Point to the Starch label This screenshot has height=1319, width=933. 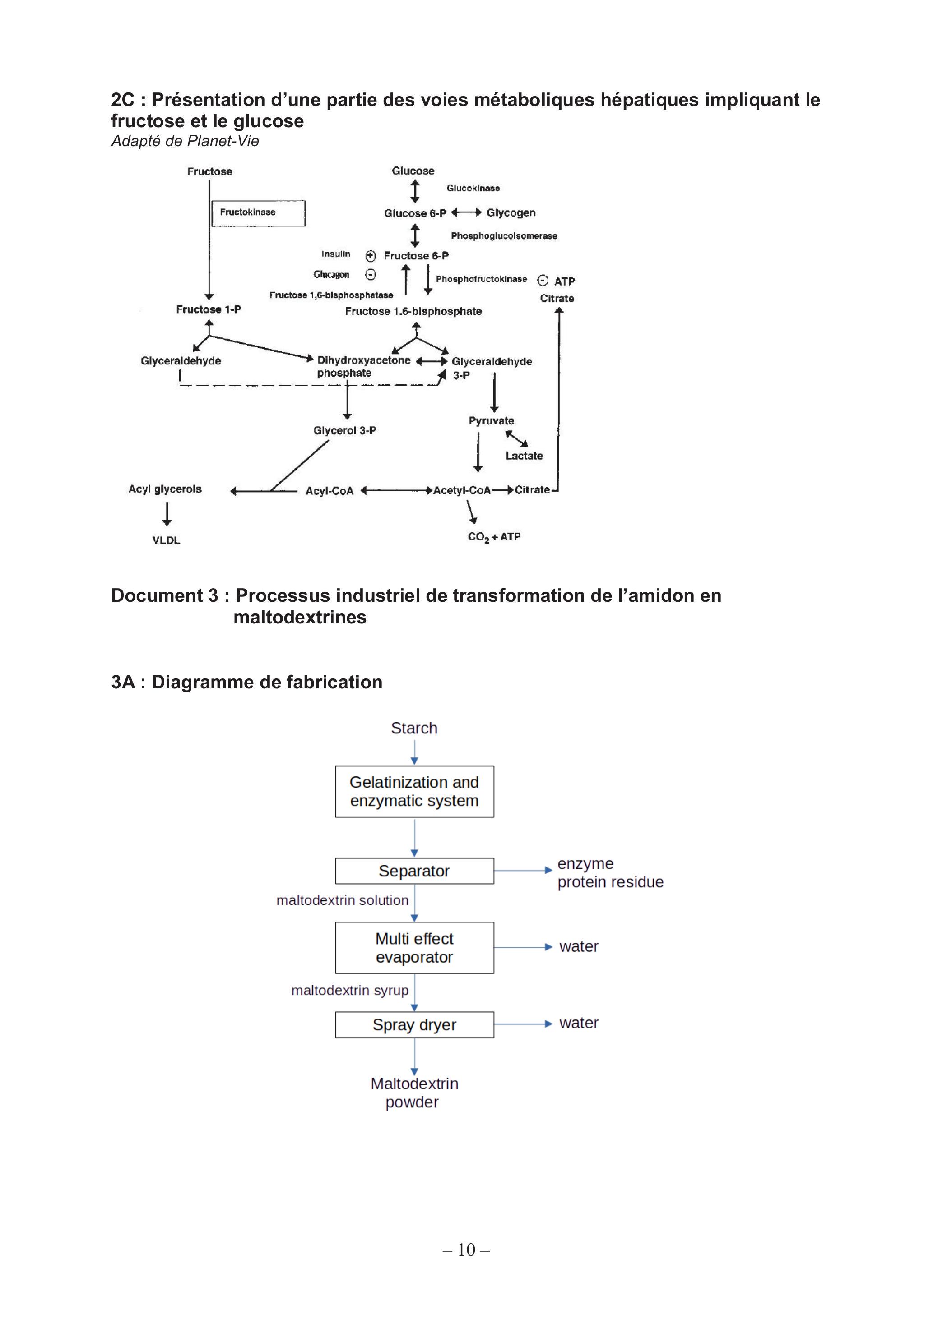(x=414, y=728)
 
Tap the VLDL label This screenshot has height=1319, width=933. (x=166, y=540)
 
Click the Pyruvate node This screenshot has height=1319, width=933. (x=491, y=420)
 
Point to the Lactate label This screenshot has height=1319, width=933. (x=524, y=456)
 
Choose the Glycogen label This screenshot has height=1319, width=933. (x=511, y=212)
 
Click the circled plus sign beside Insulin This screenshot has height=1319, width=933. (x=371, y=256)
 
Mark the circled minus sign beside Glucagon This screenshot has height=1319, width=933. (x=371, y=275)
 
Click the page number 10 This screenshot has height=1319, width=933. (x=466, y=1250)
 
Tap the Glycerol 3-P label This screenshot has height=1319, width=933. (x=345, y=430)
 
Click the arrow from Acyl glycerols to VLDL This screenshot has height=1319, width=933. (x=167, y=514)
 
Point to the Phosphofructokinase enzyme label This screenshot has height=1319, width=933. (x=481, y=279)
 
